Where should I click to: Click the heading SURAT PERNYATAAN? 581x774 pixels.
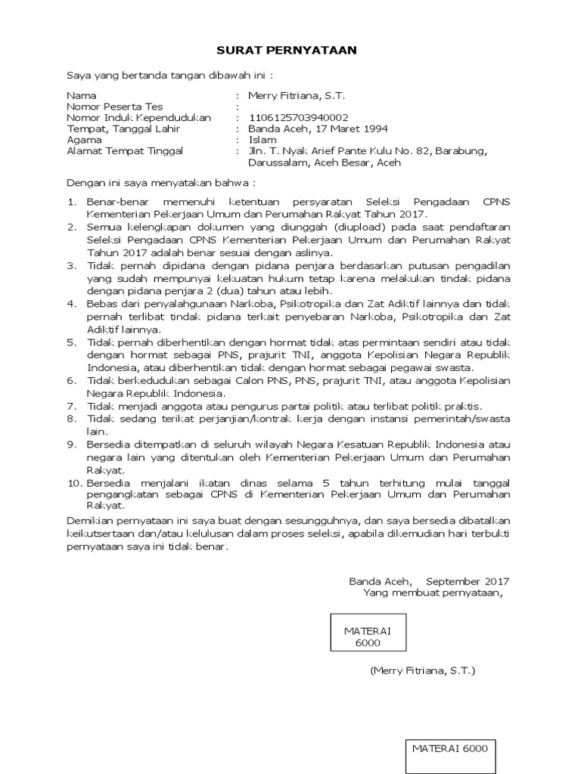click(x=286, y=50)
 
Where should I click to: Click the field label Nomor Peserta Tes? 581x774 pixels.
click(x=115, y=107)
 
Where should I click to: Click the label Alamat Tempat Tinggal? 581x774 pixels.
click(x=125, y=151)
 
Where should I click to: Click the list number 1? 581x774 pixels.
click(x=72, y=203)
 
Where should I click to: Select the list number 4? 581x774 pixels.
click(x=72, y=303)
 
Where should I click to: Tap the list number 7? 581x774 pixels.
click(x=72, y=407)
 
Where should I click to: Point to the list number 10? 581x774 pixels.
click(x=74, y=483)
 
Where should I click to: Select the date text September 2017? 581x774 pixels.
click(x=468, y=581)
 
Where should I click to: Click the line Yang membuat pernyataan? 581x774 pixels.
click(x=433, y=593)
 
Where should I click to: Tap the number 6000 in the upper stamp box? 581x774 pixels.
click(x=365, y=642)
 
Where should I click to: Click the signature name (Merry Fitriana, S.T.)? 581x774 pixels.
click(x=423, y=670)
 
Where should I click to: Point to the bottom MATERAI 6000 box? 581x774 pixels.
click(x=449, y=748)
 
